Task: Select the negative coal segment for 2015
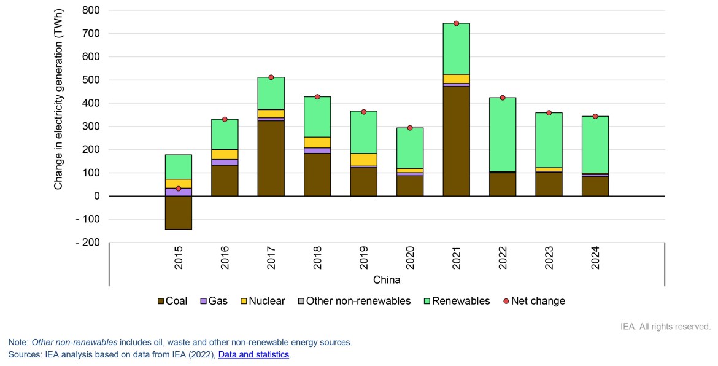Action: (179, 212)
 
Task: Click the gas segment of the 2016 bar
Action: (225, 162)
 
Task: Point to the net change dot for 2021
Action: (456, 23)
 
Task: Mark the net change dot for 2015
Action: (179, 189)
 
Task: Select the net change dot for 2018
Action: (317, 97)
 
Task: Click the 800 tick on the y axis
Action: (91, 10)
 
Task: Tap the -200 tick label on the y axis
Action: (88, 243)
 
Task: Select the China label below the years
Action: (387, 280)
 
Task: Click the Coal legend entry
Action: (172, 301)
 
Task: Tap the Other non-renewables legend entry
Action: (353, 301)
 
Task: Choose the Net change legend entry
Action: (533, 301)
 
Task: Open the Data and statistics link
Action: (253, 354)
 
